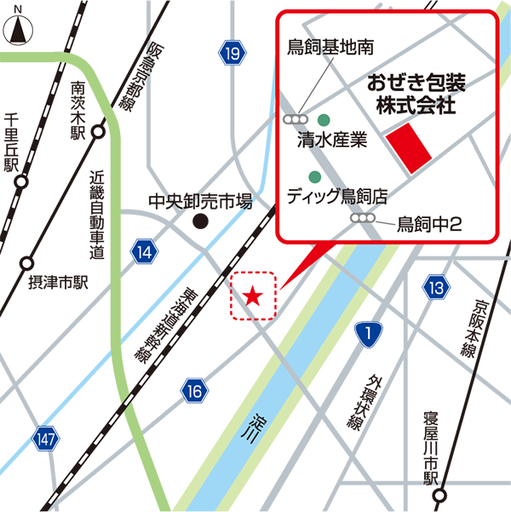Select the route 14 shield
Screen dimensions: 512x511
pos(144,250)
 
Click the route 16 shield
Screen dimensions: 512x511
pos(193,391)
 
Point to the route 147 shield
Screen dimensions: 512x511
pos(47,438)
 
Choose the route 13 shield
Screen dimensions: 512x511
pos(436,288)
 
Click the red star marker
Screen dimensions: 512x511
pos(253,296)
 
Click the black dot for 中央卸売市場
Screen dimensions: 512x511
pos(200,222)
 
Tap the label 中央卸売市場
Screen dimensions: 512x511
pos(200,202)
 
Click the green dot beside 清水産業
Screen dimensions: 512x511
pos(324,120)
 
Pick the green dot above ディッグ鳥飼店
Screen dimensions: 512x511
pos(314,177)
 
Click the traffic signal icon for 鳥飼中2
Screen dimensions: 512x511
pos(363,219)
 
